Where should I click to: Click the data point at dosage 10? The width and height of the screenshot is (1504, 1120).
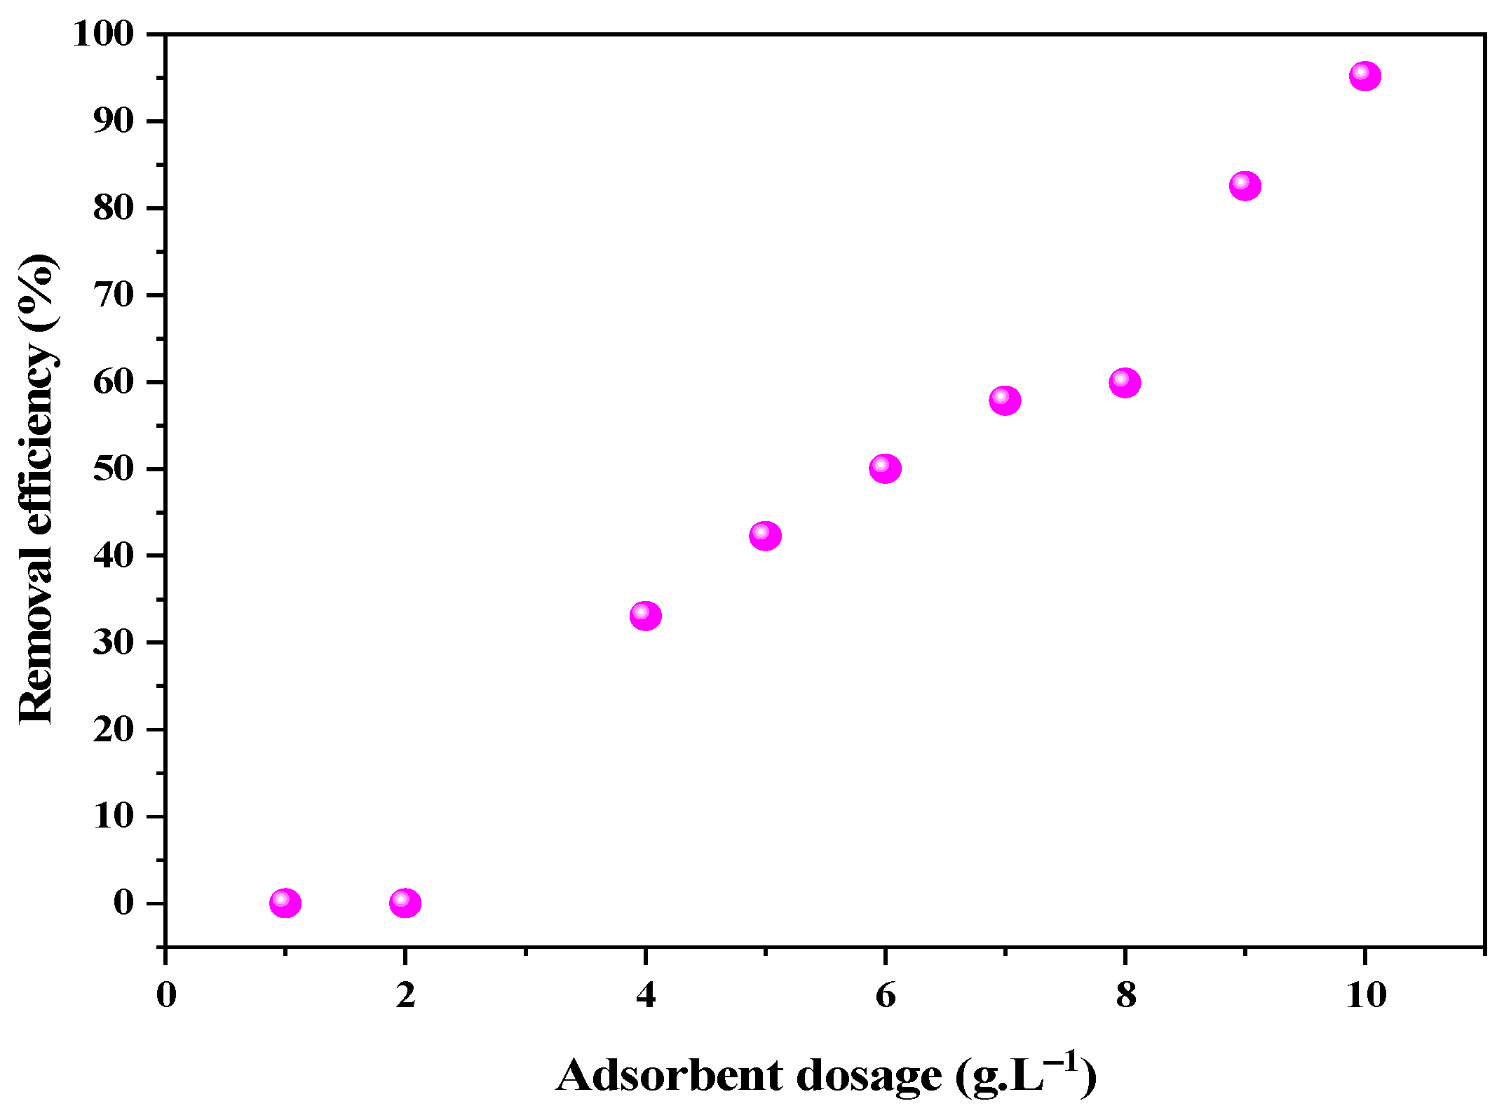coord(1364,76)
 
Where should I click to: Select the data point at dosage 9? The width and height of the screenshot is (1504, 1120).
coord(1245,186)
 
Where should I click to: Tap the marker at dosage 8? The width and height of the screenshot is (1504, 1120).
coord(1125,383)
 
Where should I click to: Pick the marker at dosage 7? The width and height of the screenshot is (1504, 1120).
coord(1005,400)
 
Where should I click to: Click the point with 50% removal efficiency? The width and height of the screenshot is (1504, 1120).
coord(885,468)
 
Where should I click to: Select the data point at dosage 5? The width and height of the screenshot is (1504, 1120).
coord(765,536)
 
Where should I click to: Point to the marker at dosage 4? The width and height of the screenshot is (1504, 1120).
coord(645,616)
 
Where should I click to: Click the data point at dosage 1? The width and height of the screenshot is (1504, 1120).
coord(285,903)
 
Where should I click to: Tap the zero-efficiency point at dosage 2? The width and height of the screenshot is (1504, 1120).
coord(405,903)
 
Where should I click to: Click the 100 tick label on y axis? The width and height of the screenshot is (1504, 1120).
coord(103,34)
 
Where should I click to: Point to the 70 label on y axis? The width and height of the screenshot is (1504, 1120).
coord(113,295)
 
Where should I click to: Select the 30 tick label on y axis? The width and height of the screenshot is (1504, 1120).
coord(113,642)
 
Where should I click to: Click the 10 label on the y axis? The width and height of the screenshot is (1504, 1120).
coord(113,816)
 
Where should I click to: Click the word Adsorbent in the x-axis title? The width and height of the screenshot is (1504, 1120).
coord(669,1077)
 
